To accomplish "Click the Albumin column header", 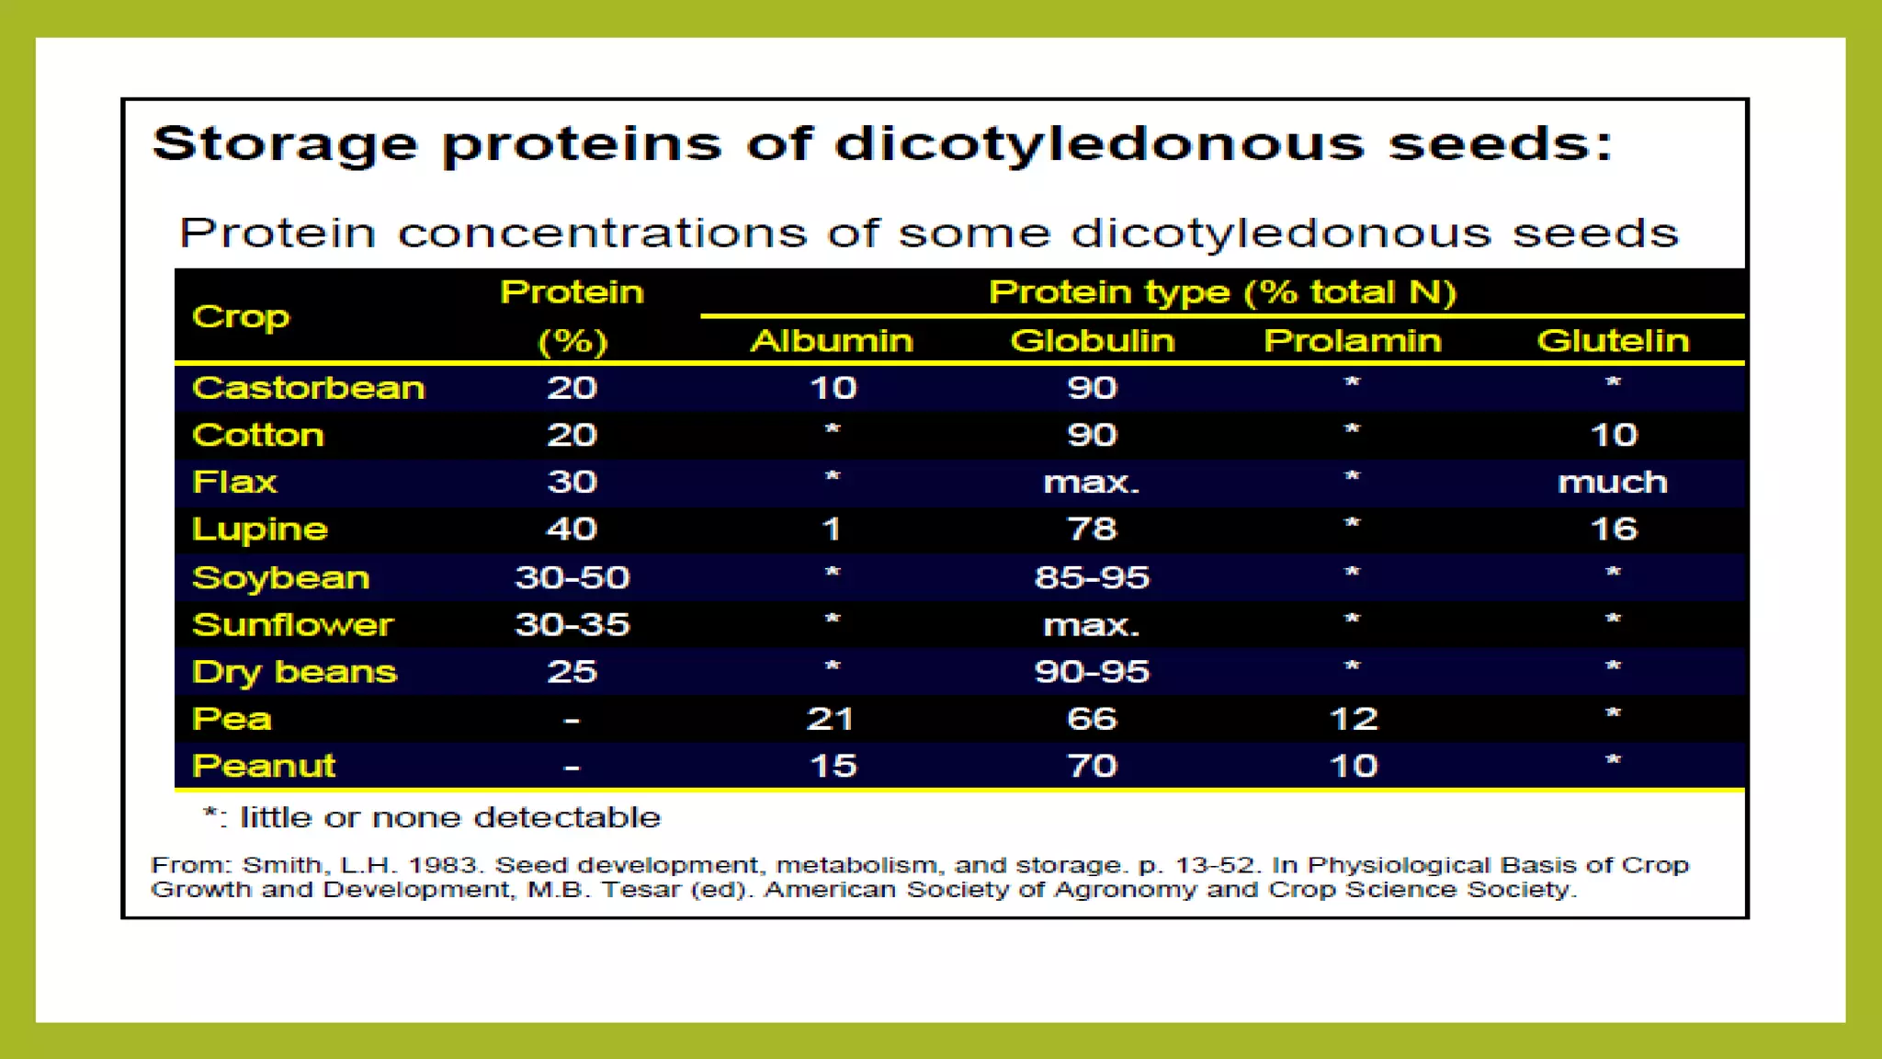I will click(832, 341).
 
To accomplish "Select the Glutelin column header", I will click(1613, 341).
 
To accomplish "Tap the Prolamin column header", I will click(1353, 341).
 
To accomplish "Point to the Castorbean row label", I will click(309, 388).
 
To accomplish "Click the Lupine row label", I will click(260, 529).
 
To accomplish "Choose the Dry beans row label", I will click(294, 672).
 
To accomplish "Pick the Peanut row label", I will click(264, 766).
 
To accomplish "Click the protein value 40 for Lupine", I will click(572, 529).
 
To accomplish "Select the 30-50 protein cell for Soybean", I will click(572, 577).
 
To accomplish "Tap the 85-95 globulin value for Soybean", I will click(1092, 577).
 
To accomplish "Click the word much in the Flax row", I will click(1613, 483).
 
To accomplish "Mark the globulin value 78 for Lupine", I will click(1092, 529).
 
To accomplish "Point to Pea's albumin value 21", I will click(831, 719).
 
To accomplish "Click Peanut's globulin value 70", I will click(1092, 766).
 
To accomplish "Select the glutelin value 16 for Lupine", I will click(1614, 529).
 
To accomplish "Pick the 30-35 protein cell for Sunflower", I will click(572, 625).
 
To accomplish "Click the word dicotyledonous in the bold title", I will click(1099, 145).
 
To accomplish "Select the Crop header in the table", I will click(241, 317).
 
